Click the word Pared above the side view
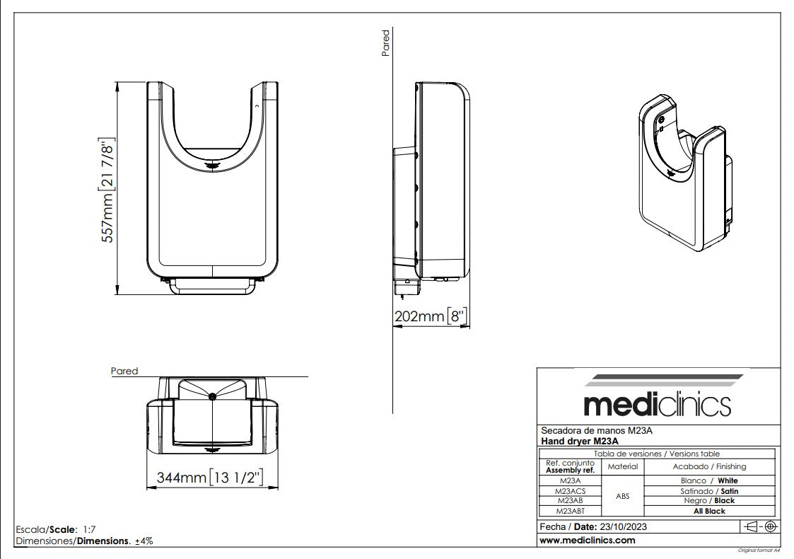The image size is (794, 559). click(385, 43)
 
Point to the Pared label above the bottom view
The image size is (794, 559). click(124, 371)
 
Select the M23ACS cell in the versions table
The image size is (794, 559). click(569, 490)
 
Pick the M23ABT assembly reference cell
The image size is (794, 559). click(569, 511)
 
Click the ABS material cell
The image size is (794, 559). click(622, 496)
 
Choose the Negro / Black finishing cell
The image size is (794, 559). click(708, 500)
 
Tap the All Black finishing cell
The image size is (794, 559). click(708, 511)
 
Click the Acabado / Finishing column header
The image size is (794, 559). click(708, 466)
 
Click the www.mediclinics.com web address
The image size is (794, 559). click(587, 540)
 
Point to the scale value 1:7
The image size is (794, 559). click(89, 529)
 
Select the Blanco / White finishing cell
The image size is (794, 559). click(708, 480)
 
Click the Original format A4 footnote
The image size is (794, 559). click(758, 550)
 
